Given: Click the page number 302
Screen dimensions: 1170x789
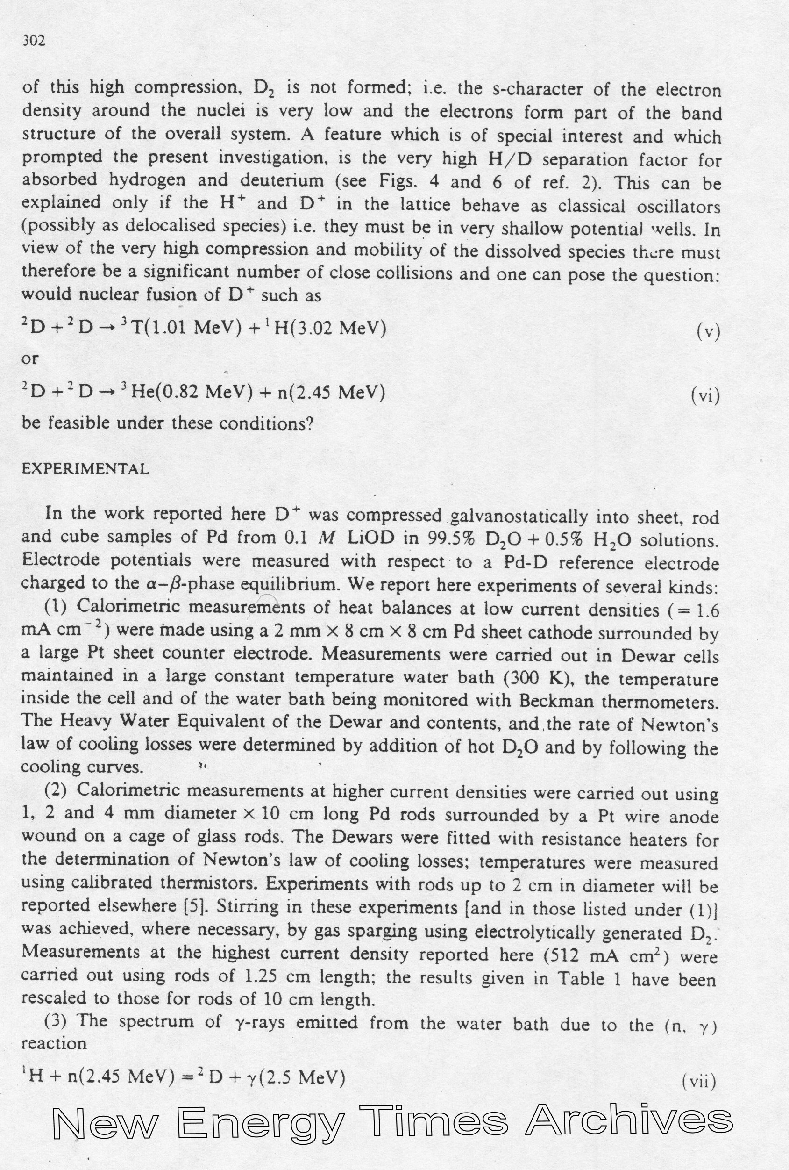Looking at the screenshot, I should coord(34,41).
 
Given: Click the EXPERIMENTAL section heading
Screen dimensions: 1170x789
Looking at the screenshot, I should coord(85,469).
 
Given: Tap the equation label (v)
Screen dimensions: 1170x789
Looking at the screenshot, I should coord(708,332).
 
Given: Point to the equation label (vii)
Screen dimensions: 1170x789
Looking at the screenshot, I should coord(699,1080).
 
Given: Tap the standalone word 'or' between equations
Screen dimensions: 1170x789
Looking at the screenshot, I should coord(30,359).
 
